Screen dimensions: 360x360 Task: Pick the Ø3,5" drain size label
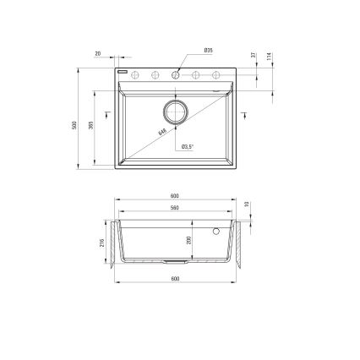(188, 147)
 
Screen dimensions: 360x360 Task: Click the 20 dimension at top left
(99, 53)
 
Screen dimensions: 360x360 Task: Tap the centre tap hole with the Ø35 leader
(176, 74)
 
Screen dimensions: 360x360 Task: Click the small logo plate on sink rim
(122, 74)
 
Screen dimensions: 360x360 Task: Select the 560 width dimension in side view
(175, 207)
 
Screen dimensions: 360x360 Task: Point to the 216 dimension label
(102, 245)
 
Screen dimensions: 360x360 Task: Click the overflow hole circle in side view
(216, 230)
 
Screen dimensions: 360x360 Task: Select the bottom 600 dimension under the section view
(175, 278)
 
